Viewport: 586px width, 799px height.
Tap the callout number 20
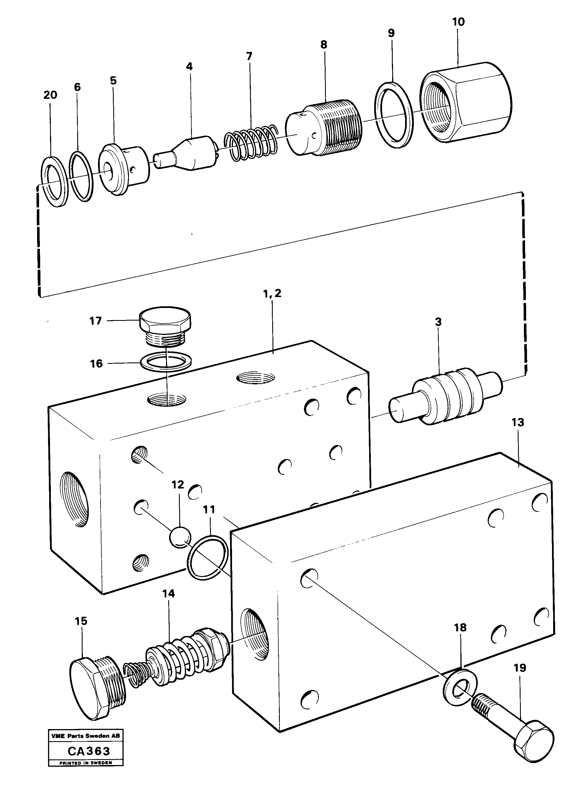(x=50, y=95)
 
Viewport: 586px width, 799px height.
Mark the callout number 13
(x=517, y=422)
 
